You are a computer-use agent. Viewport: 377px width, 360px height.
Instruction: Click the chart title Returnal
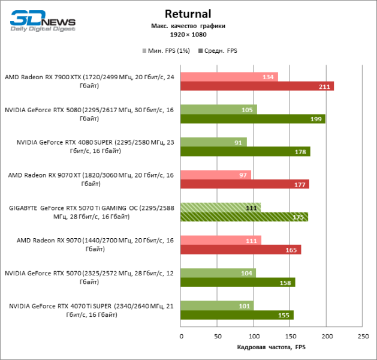pos(188,13)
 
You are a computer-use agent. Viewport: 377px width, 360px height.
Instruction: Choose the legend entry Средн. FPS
pos(219,51)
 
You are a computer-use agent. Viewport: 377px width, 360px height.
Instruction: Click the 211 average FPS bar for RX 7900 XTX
pos(257,86)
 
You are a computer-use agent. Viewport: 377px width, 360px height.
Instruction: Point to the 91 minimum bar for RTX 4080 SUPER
pos(213,142)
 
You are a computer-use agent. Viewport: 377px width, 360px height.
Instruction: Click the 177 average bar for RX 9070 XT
pos(245,184)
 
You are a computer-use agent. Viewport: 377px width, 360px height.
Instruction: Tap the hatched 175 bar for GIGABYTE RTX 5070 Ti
pos(244,217)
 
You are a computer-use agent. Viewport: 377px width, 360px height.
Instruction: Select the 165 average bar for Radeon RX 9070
pos(240,250)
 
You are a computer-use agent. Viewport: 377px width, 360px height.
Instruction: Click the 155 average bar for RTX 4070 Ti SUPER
pos(237,314)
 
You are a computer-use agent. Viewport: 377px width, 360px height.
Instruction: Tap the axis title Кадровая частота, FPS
pos(272,347)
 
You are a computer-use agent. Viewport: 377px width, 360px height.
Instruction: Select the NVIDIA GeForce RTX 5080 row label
pos(89,114)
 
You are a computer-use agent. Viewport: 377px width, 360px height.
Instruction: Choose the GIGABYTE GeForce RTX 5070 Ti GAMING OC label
pos(89,212)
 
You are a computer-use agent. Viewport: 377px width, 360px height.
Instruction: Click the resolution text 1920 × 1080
pos(188,35)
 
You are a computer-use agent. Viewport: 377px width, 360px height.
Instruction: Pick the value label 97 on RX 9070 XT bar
pos(242,175)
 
